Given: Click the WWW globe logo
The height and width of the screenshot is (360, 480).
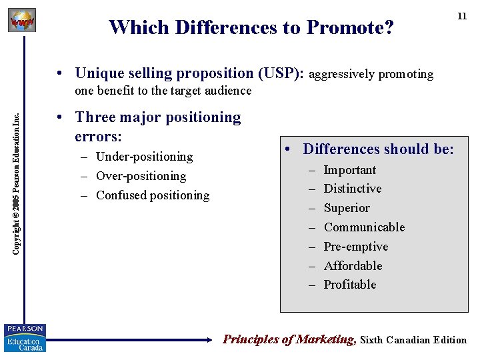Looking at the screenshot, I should point(21,20).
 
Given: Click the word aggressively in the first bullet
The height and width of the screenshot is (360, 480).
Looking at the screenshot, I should point(342,74).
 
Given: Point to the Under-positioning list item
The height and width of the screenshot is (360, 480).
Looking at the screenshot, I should point(144,157).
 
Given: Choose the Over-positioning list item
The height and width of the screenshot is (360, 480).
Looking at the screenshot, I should point(141,176).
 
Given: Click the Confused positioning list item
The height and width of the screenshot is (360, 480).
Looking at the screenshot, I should point(153,195).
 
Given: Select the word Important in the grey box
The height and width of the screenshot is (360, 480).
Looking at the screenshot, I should point(349,170).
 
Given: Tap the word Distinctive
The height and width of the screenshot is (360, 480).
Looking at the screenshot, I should point(352,189).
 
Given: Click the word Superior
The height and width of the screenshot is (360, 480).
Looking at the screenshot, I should point(346,208).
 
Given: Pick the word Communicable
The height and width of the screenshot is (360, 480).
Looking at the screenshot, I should point(364,227).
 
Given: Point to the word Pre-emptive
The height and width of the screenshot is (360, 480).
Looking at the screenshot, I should point(355,247).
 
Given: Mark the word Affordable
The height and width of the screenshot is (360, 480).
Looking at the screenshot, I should point(353,266).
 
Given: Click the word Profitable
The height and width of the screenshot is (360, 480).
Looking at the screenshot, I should point(349,285).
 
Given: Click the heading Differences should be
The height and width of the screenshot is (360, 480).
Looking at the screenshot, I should point(378,149).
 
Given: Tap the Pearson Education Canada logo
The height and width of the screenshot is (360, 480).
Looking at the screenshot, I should point(25,338).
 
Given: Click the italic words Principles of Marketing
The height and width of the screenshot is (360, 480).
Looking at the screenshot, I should point(289,339).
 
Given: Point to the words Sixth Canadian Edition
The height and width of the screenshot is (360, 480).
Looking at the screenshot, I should point(413,340).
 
